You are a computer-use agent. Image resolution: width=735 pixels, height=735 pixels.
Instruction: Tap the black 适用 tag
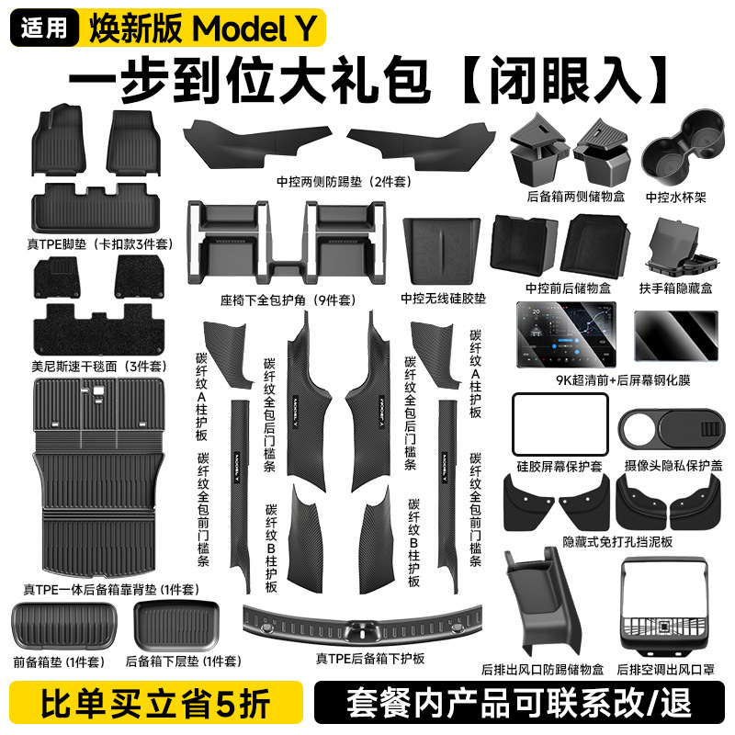43,28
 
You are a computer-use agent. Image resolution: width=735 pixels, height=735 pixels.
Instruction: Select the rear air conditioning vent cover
661,600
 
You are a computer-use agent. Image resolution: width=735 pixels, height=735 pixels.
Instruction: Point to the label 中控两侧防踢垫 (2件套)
347,182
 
